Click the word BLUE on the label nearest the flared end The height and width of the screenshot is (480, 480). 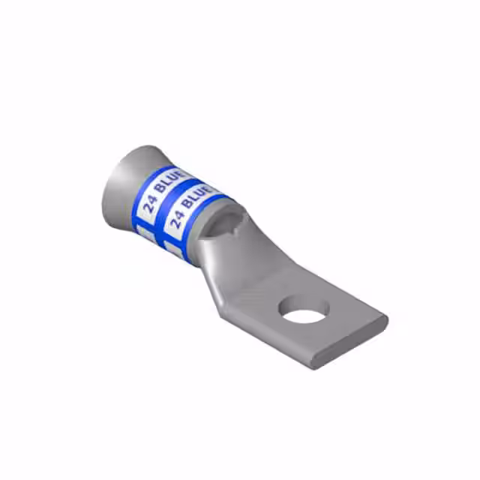(x=171, y=182)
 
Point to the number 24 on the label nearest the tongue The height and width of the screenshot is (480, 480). (x=178, y=219)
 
